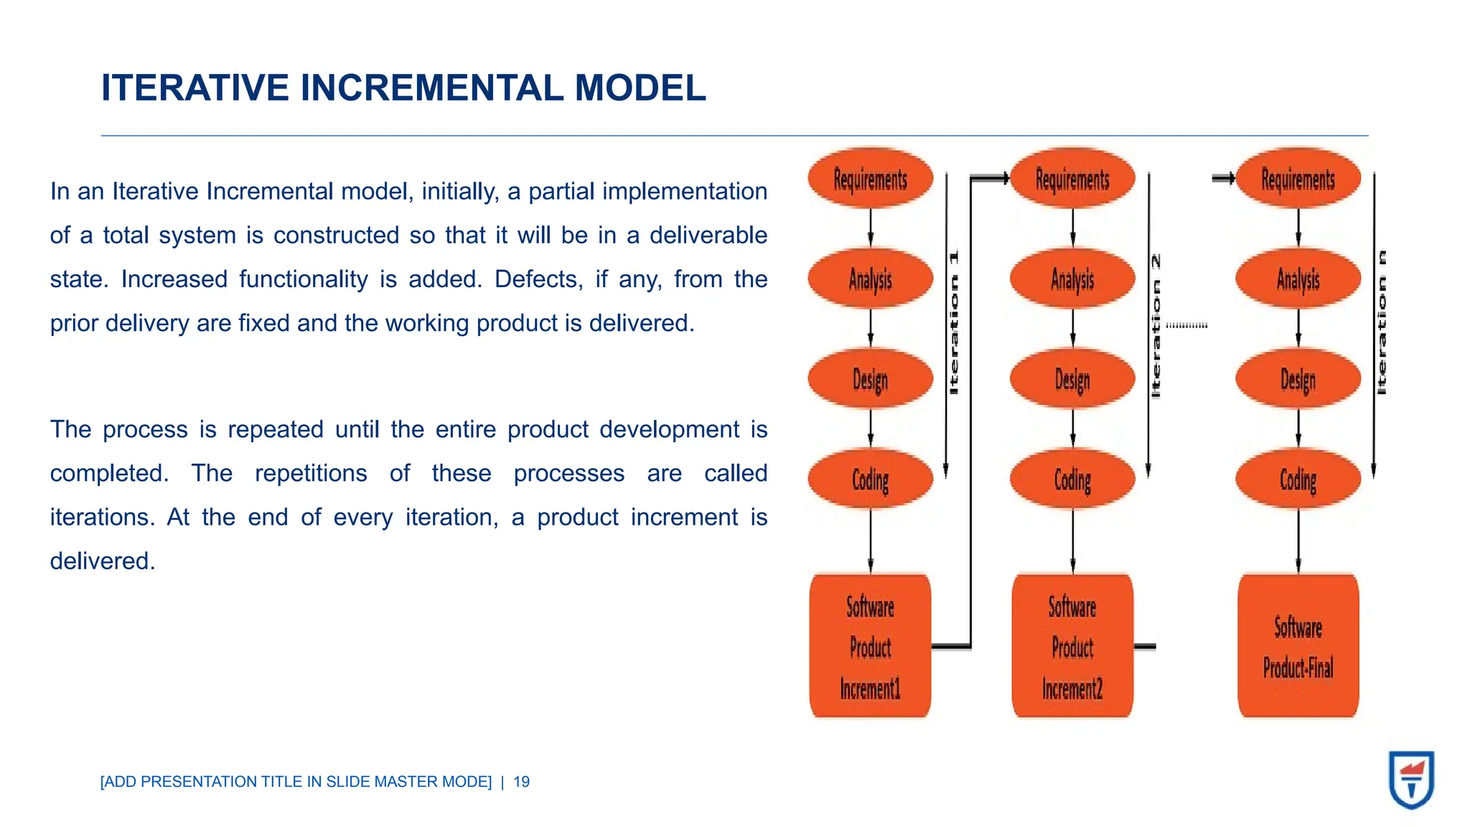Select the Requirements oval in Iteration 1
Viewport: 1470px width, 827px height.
[870, 179]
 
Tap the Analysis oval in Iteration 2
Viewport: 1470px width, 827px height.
[1072, 279]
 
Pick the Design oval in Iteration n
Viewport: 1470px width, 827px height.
[1298, 379]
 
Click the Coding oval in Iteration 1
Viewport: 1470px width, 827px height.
[870, 480]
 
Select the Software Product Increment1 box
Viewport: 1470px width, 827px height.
[870, 646]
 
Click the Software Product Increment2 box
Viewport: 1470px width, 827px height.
[1072, 646]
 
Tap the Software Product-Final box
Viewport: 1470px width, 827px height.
[1298, 646]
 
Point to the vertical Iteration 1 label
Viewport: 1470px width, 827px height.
[954, 322]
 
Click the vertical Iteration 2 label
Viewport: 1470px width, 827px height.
[1156, 326]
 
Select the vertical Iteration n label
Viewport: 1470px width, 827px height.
[1382, 322]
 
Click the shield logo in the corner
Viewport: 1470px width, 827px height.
[1411, 780]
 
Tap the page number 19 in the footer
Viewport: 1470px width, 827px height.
[522, 782]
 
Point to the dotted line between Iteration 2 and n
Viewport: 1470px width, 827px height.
[1186, 325]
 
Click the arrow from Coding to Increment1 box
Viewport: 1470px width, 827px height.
[871, 540]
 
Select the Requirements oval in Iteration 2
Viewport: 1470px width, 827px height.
[1072, 179]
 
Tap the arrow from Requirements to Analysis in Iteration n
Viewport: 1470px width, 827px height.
[1298, 228]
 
